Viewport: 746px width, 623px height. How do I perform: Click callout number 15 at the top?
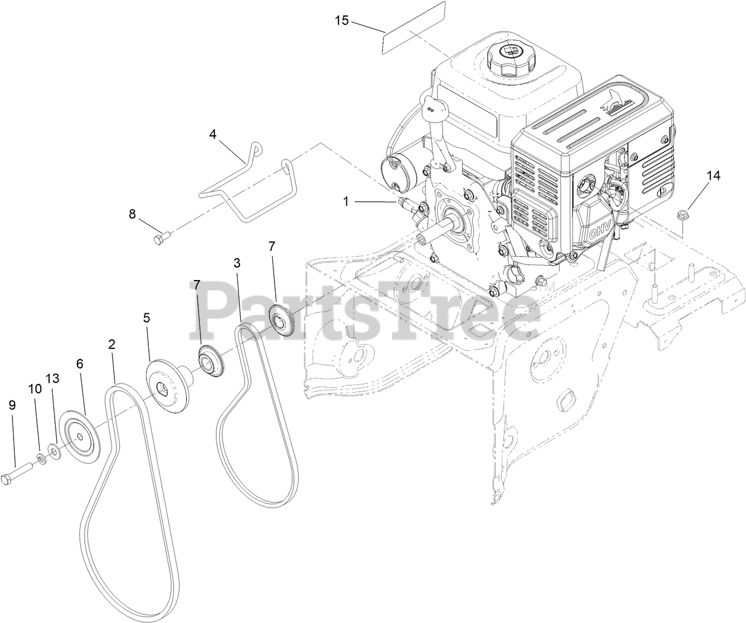coord(342,20)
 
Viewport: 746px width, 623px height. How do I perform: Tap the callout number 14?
coord(713,176)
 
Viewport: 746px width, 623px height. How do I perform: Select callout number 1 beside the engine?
coord(346,202)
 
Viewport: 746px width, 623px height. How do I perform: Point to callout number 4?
coord(213,134)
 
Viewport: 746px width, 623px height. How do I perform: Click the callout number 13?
coord(53,379)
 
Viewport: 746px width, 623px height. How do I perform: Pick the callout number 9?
coord(12,405)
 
